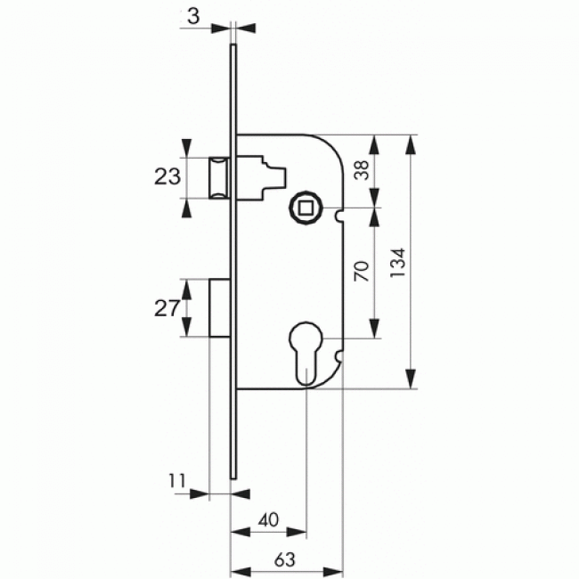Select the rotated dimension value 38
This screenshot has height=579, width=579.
coord(361,170)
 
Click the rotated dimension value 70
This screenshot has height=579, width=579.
coord(361,273)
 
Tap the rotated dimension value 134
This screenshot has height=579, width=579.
coord(397,264)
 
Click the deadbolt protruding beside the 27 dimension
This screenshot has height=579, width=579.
coord(220,308)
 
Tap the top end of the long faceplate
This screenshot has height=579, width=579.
coord(234,47)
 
